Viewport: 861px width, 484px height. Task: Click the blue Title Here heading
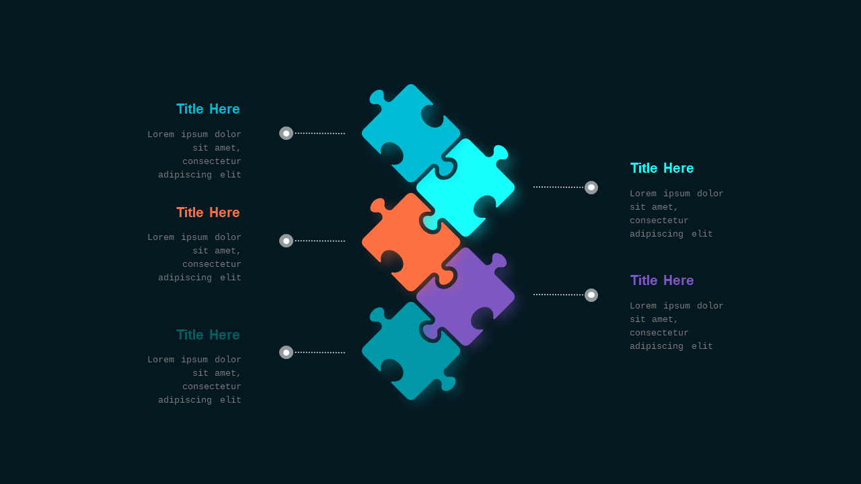[208, 109]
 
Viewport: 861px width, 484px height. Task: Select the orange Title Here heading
[208, 212]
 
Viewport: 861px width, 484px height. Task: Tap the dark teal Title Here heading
[208, 335]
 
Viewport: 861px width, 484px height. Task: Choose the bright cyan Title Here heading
[662, 168]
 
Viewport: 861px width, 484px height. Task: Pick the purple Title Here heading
[662, 280]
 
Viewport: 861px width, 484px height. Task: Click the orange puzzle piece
[408, 242]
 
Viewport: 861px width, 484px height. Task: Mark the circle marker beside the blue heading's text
[286, 133]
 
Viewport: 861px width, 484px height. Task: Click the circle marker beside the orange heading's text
[286, 241]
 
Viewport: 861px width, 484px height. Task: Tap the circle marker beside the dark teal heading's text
[286, 352]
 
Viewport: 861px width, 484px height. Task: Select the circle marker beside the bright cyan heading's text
[591, 188]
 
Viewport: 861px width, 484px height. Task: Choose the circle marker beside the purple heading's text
[591, 295]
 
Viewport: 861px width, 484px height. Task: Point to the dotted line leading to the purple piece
[558, 294]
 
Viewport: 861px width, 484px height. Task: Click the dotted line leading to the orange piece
[320, 241]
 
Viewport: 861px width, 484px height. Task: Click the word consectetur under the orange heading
[211, 264]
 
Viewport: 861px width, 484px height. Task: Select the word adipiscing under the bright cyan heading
[657, 234]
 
